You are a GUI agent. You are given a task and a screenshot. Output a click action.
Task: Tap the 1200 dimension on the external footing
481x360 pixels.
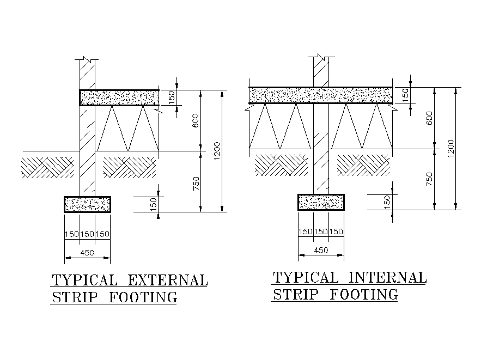click(217, 152)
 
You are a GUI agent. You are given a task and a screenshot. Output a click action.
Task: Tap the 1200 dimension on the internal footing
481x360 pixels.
click(451, 148)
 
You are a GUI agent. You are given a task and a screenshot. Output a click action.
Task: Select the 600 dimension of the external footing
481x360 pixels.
click(196, 120)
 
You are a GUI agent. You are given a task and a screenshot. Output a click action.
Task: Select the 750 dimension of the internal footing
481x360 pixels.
click(430, 179)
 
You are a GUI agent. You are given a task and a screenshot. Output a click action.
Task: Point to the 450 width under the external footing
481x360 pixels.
click(87, 252)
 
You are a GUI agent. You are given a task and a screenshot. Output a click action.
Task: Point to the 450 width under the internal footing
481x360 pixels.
click(321, 250)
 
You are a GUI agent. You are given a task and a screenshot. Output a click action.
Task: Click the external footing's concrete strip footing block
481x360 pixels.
click(87, 204)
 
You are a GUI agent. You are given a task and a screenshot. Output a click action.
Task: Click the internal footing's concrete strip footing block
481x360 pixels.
click(321, 202)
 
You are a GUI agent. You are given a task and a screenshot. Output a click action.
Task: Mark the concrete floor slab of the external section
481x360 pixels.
click(119, 98)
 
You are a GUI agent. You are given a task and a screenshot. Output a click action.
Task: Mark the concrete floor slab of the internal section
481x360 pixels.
click(321, 95)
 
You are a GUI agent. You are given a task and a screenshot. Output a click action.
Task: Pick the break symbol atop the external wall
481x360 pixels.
click(88, 58)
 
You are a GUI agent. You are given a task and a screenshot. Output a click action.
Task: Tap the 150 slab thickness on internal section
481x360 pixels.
click(405, 94)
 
